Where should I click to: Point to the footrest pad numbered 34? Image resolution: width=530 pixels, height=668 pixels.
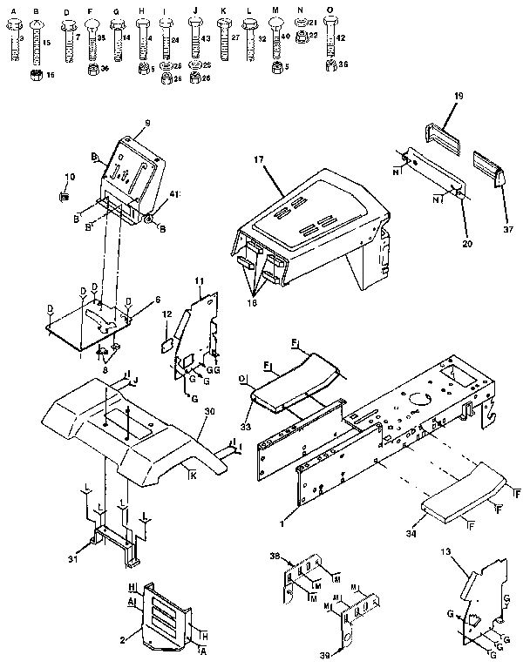(x=462, y=492)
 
